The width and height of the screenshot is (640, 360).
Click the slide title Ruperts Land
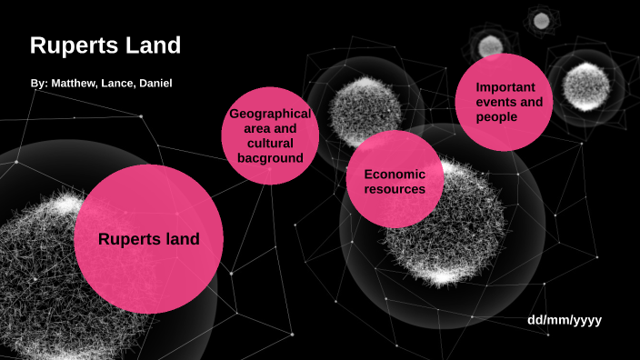pos(105,45)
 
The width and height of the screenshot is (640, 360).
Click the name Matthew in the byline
pos(75,84)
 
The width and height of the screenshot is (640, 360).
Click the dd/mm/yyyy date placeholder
pos(564,320)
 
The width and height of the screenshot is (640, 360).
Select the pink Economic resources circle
pos(395,181)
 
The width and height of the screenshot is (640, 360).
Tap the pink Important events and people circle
pos(509,103)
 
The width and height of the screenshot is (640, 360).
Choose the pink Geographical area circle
pos(270,135)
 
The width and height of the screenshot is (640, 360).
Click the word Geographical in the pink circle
pos(270,114)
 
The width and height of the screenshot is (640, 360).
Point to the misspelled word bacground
pos(270,158)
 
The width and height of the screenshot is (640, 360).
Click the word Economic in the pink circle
pos(395,174)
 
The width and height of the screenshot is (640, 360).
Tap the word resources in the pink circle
pos(395,189)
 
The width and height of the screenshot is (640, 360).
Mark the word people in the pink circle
pos(496,117)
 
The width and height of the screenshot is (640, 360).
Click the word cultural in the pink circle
pos(270,144)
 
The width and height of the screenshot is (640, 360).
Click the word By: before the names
pos(38,84)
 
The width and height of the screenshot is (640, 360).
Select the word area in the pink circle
pos(250,129)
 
